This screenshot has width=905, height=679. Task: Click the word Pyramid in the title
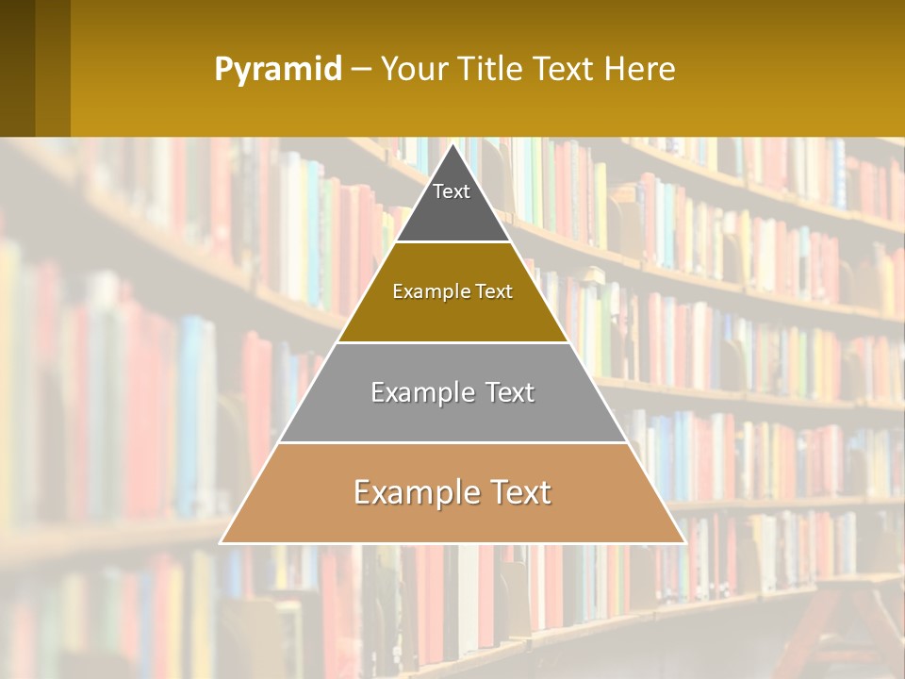click(277, 70)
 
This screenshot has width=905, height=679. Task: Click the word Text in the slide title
click(565, 69)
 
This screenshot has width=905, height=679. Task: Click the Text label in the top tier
click(452, 191)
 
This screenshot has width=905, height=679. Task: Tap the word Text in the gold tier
click(494, 292)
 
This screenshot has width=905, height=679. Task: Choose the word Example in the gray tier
click(420, 392)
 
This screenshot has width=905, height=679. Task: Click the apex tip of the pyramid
click(452, 144)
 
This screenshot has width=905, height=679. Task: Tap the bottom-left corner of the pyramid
click(221, 543)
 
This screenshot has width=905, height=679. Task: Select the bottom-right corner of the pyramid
click(684, 543)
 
